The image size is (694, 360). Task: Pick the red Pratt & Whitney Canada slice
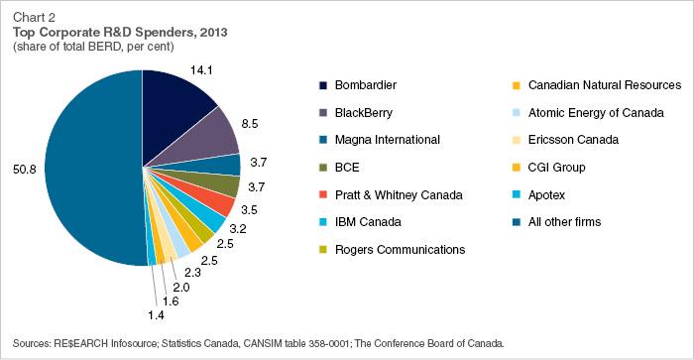click(223, 202)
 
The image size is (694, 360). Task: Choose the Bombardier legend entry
click(362, 85)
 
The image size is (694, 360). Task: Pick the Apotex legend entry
click(548, 194)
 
